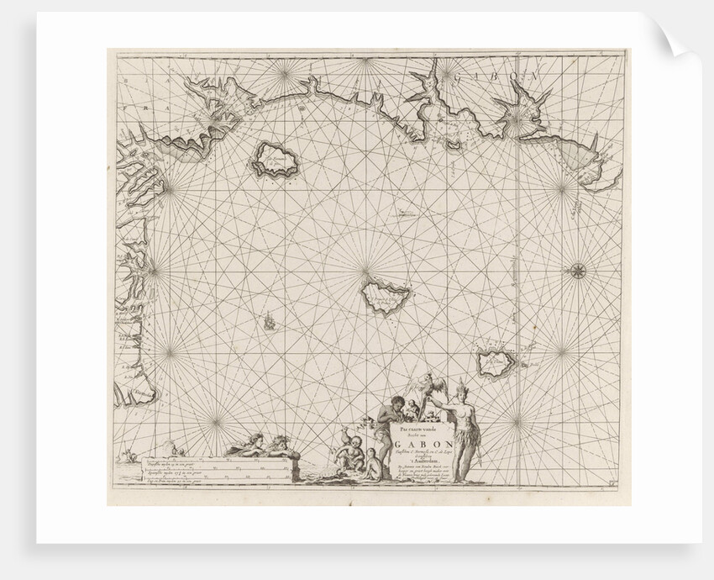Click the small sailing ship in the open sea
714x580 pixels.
point(269,321)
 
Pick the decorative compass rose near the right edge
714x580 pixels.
point(578,271)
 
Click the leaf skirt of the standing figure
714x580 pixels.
point(465,437)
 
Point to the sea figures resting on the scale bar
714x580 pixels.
point(260,443)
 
